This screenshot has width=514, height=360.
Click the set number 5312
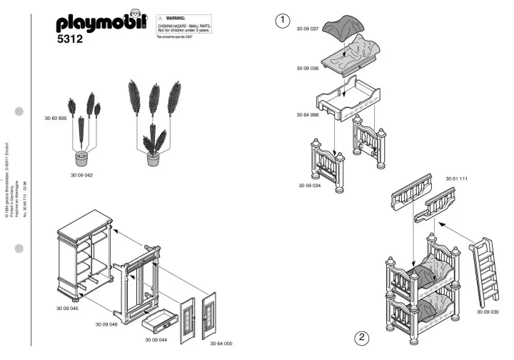coord(71,40)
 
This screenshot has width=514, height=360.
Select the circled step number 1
coord(283,21)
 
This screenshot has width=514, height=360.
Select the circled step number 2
coord(362,337)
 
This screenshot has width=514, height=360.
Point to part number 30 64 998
coord(308,115)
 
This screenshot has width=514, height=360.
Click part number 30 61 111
coord(457,178)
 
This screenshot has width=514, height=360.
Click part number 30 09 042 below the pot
coord(82,174)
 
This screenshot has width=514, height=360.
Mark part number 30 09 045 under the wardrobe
coord(67,309)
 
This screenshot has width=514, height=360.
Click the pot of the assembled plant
coord(153,159)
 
